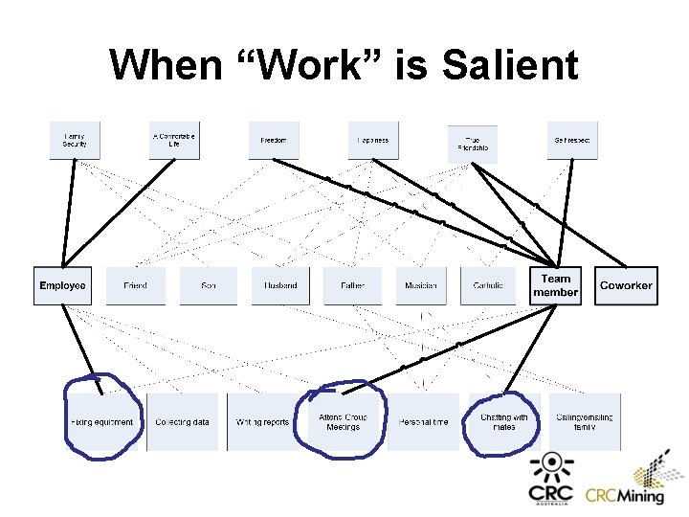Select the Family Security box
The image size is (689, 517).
tap(75, 141)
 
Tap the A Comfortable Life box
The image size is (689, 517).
tap(174, 141)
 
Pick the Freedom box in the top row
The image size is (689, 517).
tap(274, 141)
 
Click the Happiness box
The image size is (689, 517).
tap(373, 141)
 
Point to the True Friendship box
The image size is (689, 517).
tap(473, 144)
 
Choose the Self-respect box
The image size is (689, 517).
tap(572, 141)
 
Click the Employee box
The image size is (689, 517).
tap(62, 285)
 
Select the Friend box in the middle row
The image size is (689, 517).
tap(135, 285)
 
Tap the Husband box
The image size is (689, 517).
tap(280, 285)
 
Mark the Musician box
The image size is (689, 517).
tap(421, 285)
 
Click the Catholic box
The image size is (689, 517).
tap(488, 285)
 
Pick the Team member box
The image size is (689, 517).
tap(556, 285)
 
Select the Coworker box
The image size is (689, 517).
tap(626, 285)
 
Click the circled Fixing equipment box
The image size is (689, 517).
tap(101, 422)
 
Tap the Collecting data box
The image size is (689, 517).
tap(182, 422)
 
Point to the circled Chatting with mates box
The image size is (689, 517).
tap(504, 422)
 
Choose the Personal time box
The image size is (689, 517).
tap(422, 422)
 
